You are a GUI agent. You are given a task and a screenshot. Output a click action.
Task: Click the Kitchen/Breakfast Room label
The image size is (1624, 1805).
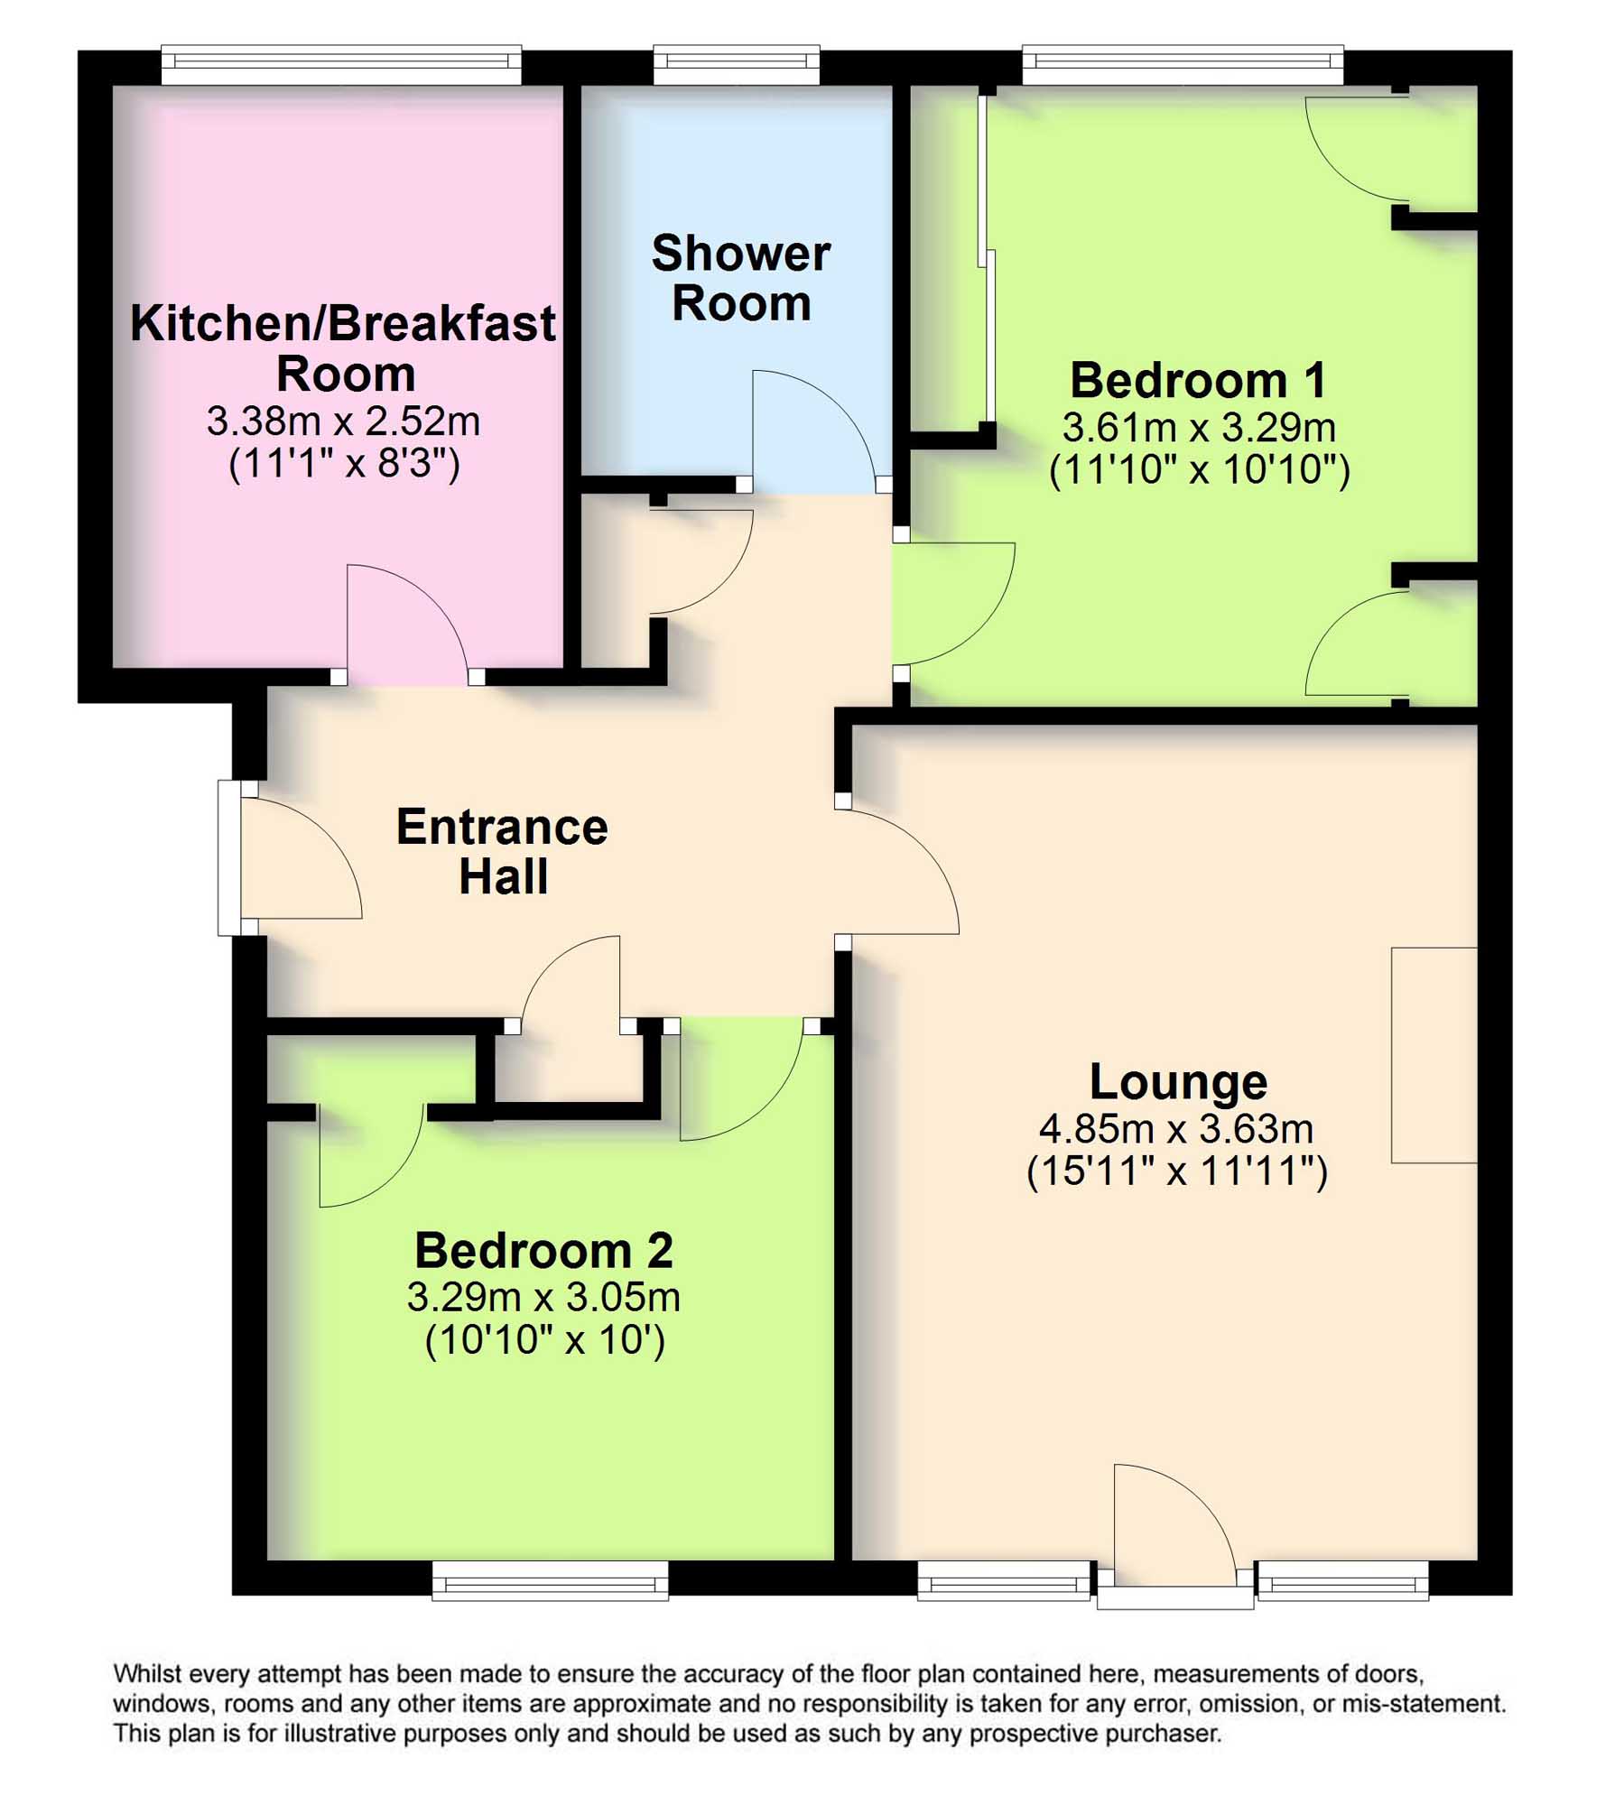pyautogui.click(x=343, y=347)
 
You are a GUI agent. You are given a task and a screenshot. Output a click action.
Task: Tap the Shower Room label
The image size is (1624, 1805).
pyautogui.click(x=740, y=278)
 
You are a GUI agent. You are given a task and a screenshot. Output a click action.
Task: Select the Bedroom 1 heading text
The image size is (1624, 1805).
pyautogui.click(x=1198, y=380)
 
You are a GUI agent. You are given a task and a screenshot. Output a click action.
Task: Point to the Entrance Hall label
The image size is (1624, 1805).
pyautogui.click(x=502, y=851)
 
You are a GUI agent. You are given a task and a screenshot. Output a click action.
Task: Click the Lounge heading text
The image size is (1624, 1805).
pyautogui.click(x=1177, y=1081)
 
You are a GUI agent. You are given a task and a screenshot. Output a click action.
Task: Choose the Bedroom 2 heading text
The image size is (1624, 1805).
pyautogui.click(x=543, y=1250)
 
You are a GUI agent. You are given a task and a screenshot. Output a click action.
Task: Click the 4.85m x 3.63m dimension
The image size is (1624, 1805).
pyautogui.click(x=1175, y=1128)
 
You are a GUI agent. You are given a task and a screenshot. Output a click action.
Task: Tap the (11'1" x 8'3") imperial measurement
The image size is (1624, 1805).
pyautogui.click(x=344, y=464)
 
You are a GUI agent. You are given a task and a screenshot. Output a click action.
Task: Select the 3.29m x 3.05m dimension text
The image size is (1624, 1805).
pyautogui.click(x=543, y=1297)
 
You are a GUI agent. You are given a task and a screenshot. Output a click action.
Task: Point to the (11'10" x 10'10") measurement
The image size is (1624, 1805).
pyautogui.click(x=1199, y=469)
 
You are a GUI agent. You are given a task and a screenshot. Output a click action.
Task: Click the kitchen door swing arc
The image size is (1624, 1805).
pyautogui.click(x=406, y=623)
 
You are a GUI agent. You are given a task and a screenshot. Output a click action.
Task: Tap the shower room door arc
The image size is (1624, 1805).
pyautogui.click(x=812, y=424)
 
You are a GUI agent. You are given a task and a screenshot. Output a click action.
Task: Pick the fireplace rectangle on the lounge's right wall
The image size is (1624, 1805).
pyautogui.click(x=1434, y=1055)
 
